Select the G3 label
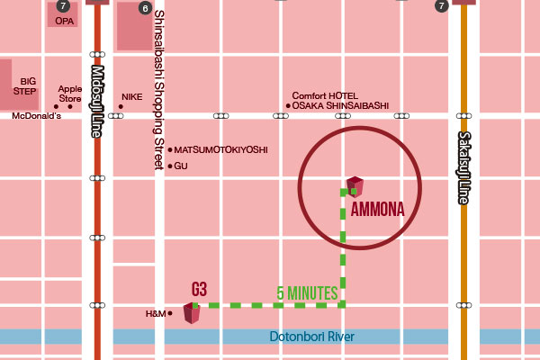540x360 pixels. pos(200,289)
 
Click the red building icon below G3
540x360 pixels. pos(192,312)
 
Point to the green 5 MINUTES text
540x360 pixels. pos(307,292)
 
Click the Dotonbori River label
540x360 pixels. pos(312,337)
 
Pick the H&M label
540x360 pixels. pos(156,313)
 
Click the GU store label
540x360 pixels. pos(180,166)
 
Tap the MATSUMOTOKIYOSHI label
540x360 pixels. pos(220,149)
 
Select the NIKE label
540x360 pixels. pos(132,96)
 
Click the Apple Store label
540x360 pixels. pos(69,93)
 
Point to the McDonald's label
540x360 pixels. pos(36,116)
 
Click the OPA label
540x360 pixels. pos(63,19)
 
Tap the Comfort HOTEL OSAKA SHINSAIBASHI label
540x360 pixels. pos(339,101)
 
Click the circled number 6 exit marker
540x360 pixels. pos(146,7)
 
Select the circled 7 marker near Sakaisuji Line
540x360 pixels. pos(441,6)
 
